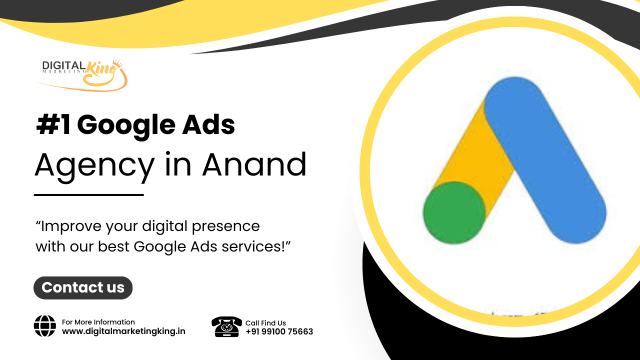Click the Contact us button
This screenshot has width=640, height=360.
(x=83, y=287)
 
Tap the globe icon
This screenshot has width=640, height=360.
(x=45, y=326)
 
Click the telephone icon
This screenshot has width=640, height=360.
(x=226, y=326)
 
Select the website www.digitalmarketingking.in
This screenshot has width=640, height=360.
(x=123, y=331)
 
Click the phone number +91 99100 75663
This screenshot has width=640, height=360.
(x=279, y=331)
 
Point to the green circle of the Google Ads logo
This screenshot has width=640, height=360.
(x=454, y=213)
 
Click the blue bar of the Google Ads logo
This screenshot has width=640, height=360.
(x=545, y=160)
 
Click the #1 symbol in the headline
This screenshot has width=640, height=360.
(x=53, y=124)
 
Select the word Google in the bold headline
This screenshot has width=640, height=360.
(x=126, y=125)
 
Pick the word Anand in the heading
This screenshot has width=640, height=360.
(x=254, y=164)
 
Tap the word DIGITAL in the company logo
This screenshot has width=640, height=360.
(x=63, y=65)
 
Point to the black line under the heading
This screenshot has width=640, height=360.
(x=89, y=195)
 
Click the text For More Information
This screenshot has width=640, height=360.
(x=98, y=322)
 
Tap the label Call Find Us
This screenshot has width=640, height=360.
(x=265, y=323)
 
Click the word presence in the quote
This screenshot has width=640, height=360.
(x=225, y=227)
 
